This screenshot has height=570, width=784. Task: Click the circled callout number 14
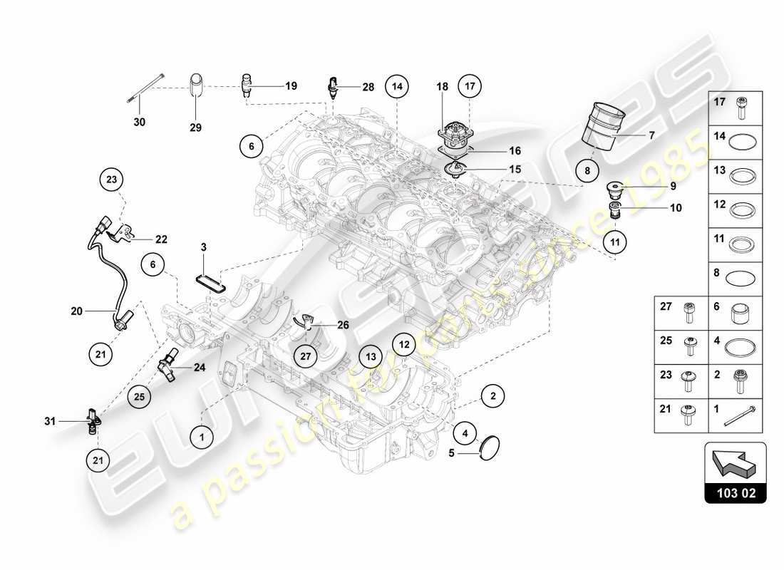pyautogui.click(x=397, y=86)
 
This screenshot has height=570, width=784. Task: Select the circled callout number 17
pyautogui.click(x=470, y=86)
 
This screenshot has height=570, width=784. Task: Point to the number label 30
pyautogui.click(x=140, y=122)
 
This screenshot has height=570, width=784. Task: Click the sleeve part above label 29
pyautogui.click(x=196, y=90)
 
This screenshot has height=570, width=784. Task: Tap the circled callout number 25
pyautogui.click(x=140, y=395)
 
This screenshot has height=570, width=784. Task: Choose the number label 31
pyautogui.click(x=49, y=421)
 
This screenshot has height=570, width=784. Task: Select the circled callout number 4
pyautogui.click(x=465, y=431)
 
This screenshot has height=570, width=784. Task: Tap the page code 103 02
pyautogui.click(x=735, y=492)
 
